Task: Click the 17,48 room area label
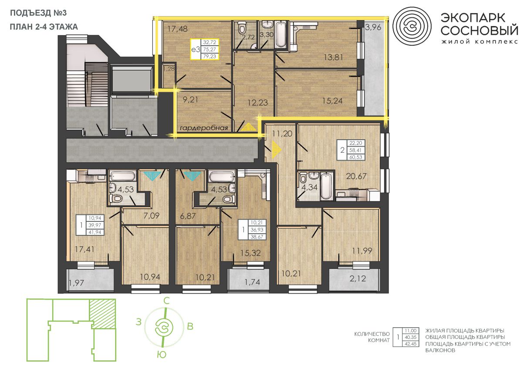coord(177,29)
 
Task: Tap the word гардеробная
coord(204,128)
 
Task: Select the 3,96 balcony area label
coord(373,27)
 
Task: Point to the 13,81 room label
coord(333,57)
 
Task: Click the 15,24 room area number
coord(332,101)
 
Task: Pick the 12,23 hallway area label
coord(258,102)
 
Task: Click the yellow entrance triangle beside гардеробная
coord(248,127)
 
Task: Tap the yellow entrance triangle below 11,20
coord(277,149)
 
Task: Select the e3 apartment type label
coord(196,50)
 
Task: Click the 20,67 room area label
coord(356,176)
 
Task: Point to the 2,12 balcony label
coord(358,278)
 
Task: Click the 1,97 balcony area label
coord(77,283)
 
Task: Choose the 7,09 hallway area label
coord(152,215)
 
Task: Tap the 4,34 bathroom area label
coord(309,187)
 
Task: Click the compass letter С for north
coord(166,301)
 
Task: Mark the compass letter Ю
coord(162,355)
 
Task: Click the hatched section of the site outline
coord(103,314)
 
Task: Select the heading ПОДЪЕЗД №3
coord(38,13)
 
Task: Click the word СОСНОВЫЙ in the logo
coord(479,30)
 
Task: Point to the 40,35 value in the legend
coord(411,337)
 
